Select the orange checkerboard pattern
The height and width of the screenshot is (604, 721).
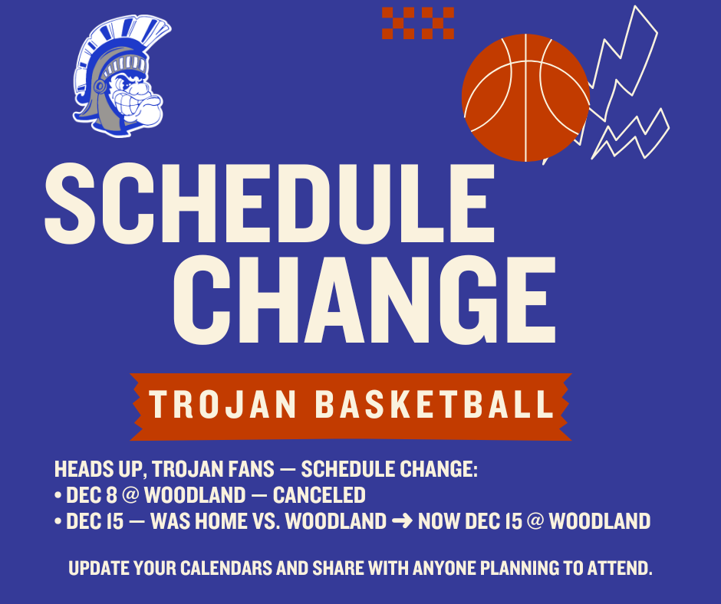(x=418, y=23)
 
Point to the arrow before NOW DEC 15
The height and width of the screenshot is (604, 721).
(x=402, y=522)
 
